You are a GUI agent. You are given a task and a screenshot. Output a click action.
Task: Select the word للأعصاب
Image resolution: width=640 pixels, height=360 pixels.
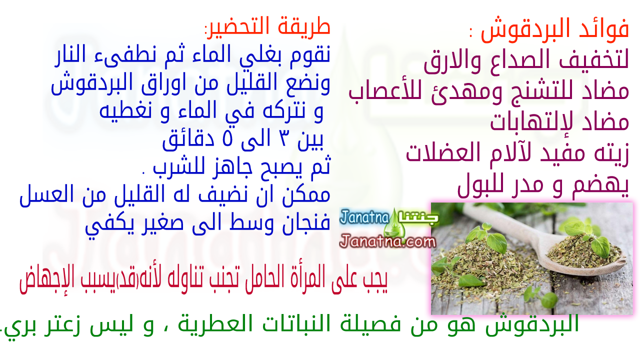pos(385,92)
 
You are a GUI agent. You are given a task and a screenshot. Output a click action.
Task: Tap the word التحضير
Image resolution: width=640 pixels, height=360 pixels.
pos(238,26)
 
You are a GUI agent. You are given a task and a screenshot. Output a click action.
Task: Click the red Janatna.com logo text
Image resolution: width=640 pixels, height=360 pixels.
pos(387,241)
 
